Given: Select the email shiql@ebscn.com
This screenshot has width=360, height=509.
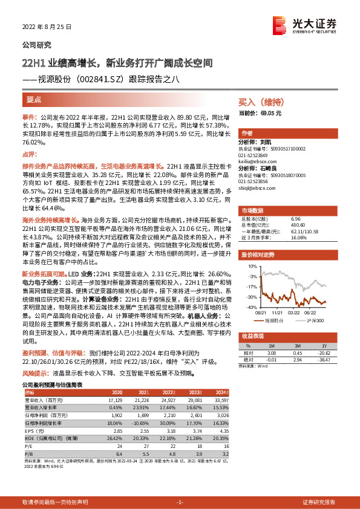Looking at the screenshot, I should click(x=256, y=187).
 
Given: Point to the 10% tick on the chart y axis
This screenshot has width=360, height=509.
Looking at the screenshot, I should click(x=252, y=266).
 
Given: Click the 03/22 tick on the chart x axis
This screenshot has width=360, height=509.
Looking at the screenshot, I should click(x=293, y=313).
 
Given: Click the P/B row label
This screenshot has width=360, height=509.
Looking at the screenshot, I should click(x=28, y=452).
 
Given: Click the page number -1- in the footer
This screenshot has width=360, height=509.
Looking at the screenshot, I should click(x=179, y=502).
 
